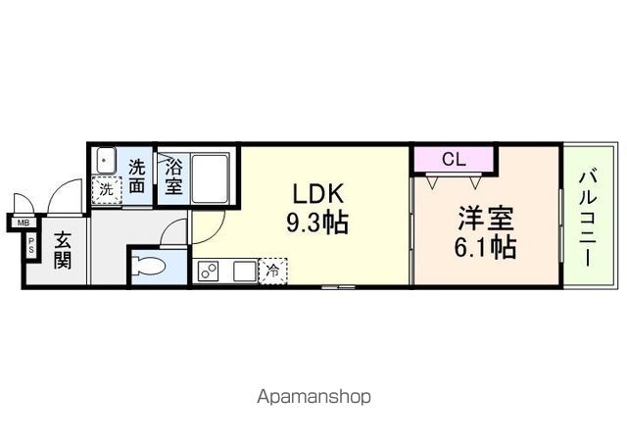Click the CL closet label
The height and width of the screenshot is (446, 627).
[x=453, y=158]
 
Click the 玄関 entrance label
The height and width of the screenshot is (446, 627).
[x=61, y=250]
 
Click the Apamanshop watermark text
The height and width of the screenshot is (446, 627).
[x=313, y=398]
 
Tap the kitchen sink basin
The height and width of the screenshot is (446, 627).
[x=242, y=271]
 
